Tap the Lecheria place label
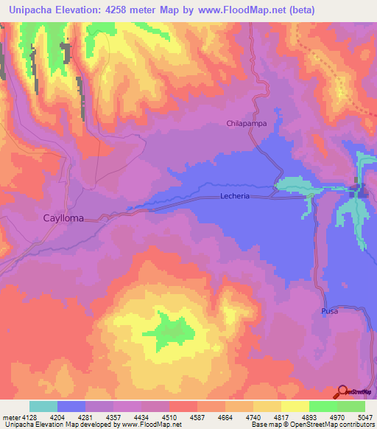tap(236, 197)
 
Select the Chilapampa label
tap(246, 124)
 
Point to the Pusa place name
tap(329, 313)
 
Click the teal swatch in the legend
tap(43, 406)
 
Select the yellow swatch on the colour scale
tap(295, 406)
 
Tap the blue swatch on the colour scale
tap(71, 406)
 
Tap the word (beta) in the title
tap(302, 10)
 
